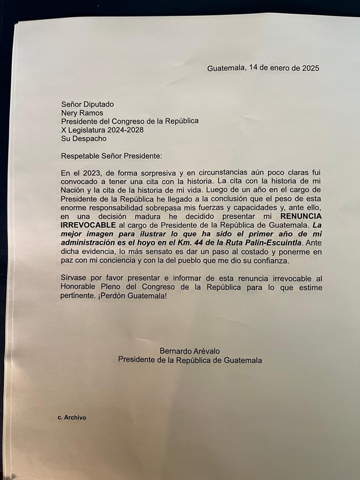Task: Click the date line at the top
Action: click(263, 68)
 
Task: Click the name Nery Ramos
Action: click(82, 112)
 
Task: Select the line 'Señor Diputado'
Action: click(87, 104)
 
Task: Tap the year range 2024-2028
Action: click(125, 130)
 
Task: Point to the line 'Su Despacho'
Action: click(84, 138)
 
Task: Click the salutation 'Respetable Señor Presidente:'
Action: click(112, 156)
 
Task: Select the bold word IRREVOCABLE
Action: click(88, 225)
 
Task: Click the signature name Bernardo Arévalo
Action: click(190, 351)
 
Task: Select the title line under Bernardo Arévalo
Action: click(190, 360)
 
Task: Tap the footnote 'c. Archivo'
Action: click(72, 417)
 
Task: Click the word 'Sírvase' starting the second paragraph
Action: click(72, 278)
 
